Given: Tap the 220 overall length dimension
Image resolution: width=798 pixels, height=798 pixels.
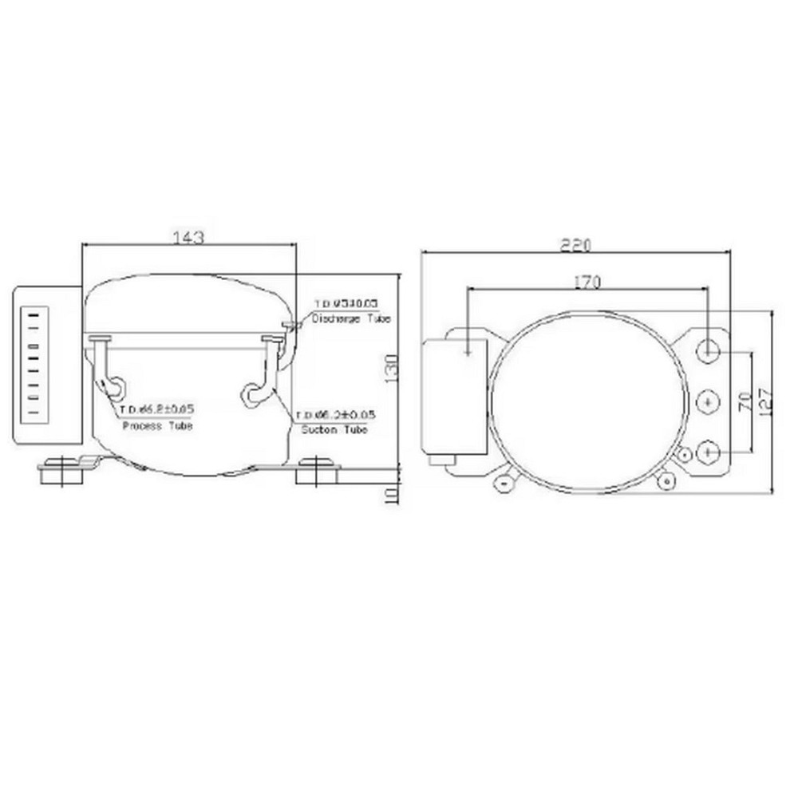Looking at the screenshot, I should click(x=575, y=245).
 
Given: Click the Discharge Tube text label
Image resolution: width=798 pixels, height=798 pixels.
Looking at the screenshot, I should click(x=351, y=318).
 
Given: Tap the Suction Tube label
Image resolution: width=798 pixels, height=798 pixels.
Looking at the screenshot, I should click(x=334, y=430).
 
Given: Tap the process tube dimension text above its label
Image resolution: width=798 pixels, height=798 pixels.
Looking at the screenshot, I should click(x=157, y=409).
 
